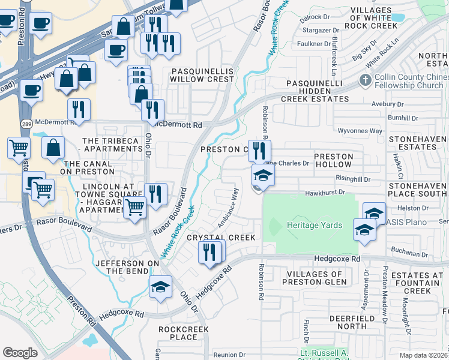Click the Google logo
click(20, 353)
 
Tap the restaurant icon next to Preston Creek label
click(259, 150)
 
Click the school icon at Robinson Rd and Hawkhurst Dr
click(262, 176)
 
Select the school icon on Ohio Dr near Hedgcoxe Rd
click(160, 287)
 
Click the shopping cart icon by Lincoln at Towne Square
click(135, 208)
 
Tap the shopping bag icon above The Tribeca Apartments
click(54, 147)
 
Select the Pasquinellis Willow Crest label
click(202, 74)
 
